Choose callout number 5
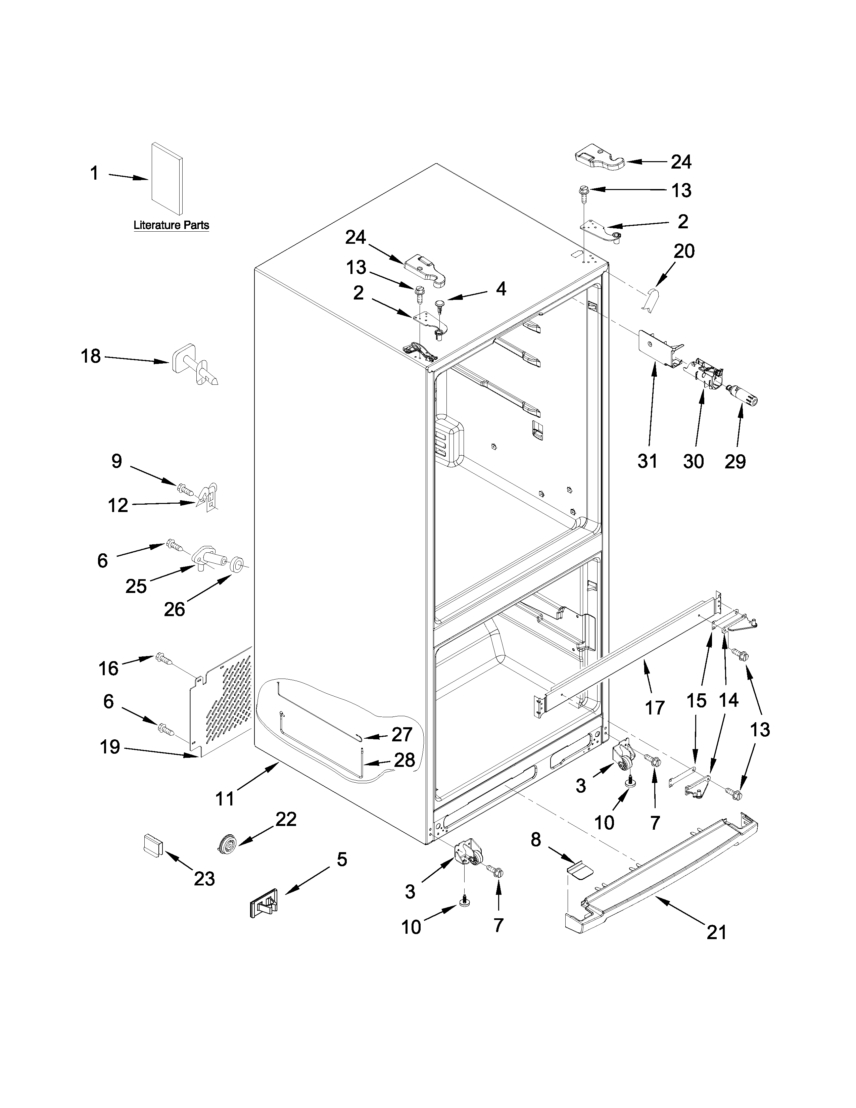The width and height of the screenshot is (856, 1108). (342, 860)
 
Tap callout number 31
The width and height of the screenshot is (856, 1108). (648, 461)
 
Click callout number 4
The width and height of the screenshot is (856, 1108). (501, 289)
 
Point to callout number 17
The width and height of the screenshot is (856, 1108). (655, 707)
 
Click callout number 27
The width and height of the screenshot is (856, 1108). (401, 734)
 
